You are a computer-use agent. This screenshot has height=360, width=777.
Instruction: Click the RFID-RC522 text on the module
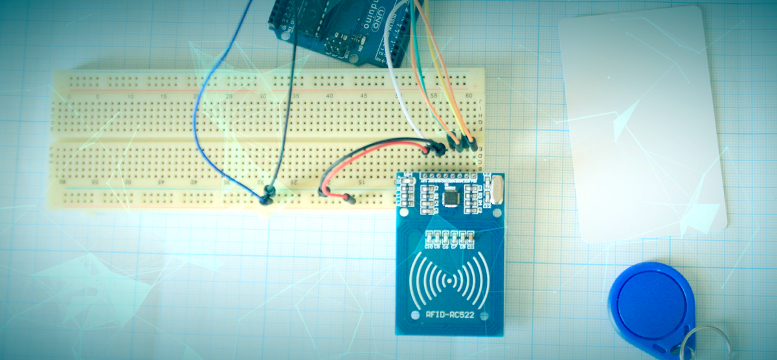pyautogui.click(x=449, y=316)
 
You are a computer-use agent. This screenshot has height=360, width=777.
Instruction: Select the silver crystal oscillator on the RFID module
pyautogui.click(x=495, y=190)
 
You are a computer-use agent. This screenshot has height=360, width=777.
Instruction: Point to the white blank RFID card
pyautogui.click(x=641, y=123)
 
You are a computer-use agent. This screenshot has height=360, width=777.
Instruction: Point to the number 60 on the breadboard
pyautogui.click(x=468, y=96)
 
